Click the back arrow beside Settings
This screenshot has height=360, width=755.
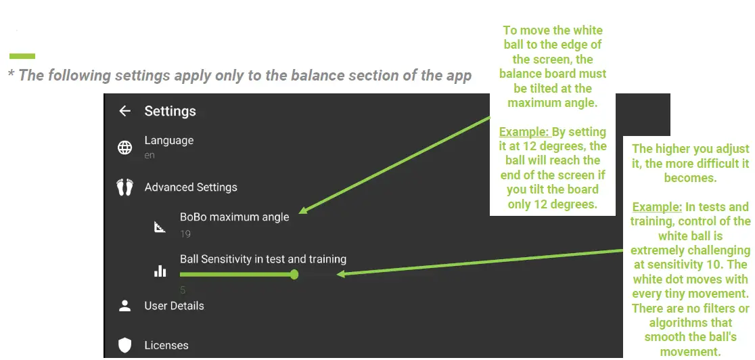[124, 111]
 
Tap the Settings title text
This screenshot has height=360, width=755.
[170, 111]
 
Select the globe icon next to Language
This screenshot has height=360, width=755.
[124, 148]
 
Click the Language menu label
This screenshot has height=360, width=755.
[169, 141]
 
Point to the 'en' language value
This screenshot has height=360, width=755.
[150, 156]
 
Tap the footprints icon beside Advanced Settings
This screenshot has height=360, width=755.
[124, 187]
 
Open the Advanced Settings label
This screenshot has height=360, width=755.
[191, 187]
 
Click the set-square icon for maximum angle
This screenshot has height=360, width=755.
[160, 227]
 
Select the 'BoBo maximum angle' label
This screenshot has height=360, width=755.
[235, 217]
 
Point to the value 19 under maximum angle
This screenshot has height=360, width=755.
[185, 234]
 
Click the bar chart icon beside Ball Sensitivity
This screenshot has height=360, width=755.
[160, 271]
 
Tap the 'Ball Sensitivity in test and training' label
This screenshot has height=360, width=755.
[263, 259]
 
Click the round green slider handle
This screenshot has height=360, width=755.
[294, 275]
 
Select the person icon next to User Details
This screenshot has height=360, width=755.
[124, 306]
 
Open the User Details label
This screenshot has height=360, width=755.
[174, 306]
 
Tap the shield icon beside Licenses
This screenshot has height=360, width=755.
[124, 345]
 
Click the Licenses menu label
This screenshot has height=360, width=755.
[166, 345]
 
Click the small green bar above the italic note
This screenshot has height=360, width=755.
[22, 56]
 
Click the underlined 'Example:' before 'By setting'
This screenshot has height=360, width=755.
[524, 131]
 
